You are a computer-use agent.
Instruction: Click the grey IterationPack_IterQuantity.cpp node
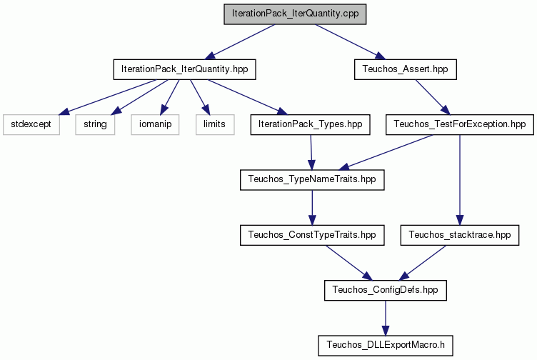295,14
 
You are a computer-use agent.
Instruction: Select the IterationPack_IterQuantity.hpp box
184,69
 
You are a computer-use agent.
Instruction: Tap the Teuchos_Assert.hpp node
405,69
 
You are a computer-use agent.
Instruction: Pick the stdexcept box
31,124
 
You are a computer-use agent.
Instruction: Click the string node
95,124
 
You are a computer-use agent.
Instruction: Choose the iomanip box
155,124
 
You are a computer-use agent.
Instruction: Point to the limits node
215,124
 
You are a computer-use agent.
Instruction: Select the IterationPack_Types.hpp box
311,124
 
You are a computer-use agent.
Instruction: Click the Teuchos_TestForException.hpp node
460,124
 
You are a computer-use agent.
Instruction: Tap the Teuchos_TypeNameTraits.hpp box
312,180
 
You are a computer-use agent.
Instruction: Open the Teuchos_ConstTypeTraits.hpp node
312,235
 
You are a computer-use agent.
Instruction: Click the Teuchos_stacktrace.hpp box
460,235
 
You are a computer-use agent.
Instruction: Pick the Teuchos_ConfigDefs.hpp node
386,291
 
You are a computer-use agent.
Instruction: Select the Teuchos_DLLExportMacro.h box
386,346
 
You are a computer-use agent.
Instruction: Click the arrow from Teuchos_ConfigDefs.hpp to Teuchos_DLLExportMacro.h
386,318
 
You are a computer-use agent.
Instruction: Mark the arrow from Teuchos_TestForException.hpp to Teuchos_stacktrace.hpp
460,180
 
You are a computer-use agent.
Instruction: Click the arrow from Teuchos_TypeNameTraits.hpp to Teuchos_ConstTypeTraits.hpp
312,208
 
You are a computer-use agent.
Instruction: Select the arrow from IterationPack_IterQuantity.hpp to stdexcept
108,97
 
